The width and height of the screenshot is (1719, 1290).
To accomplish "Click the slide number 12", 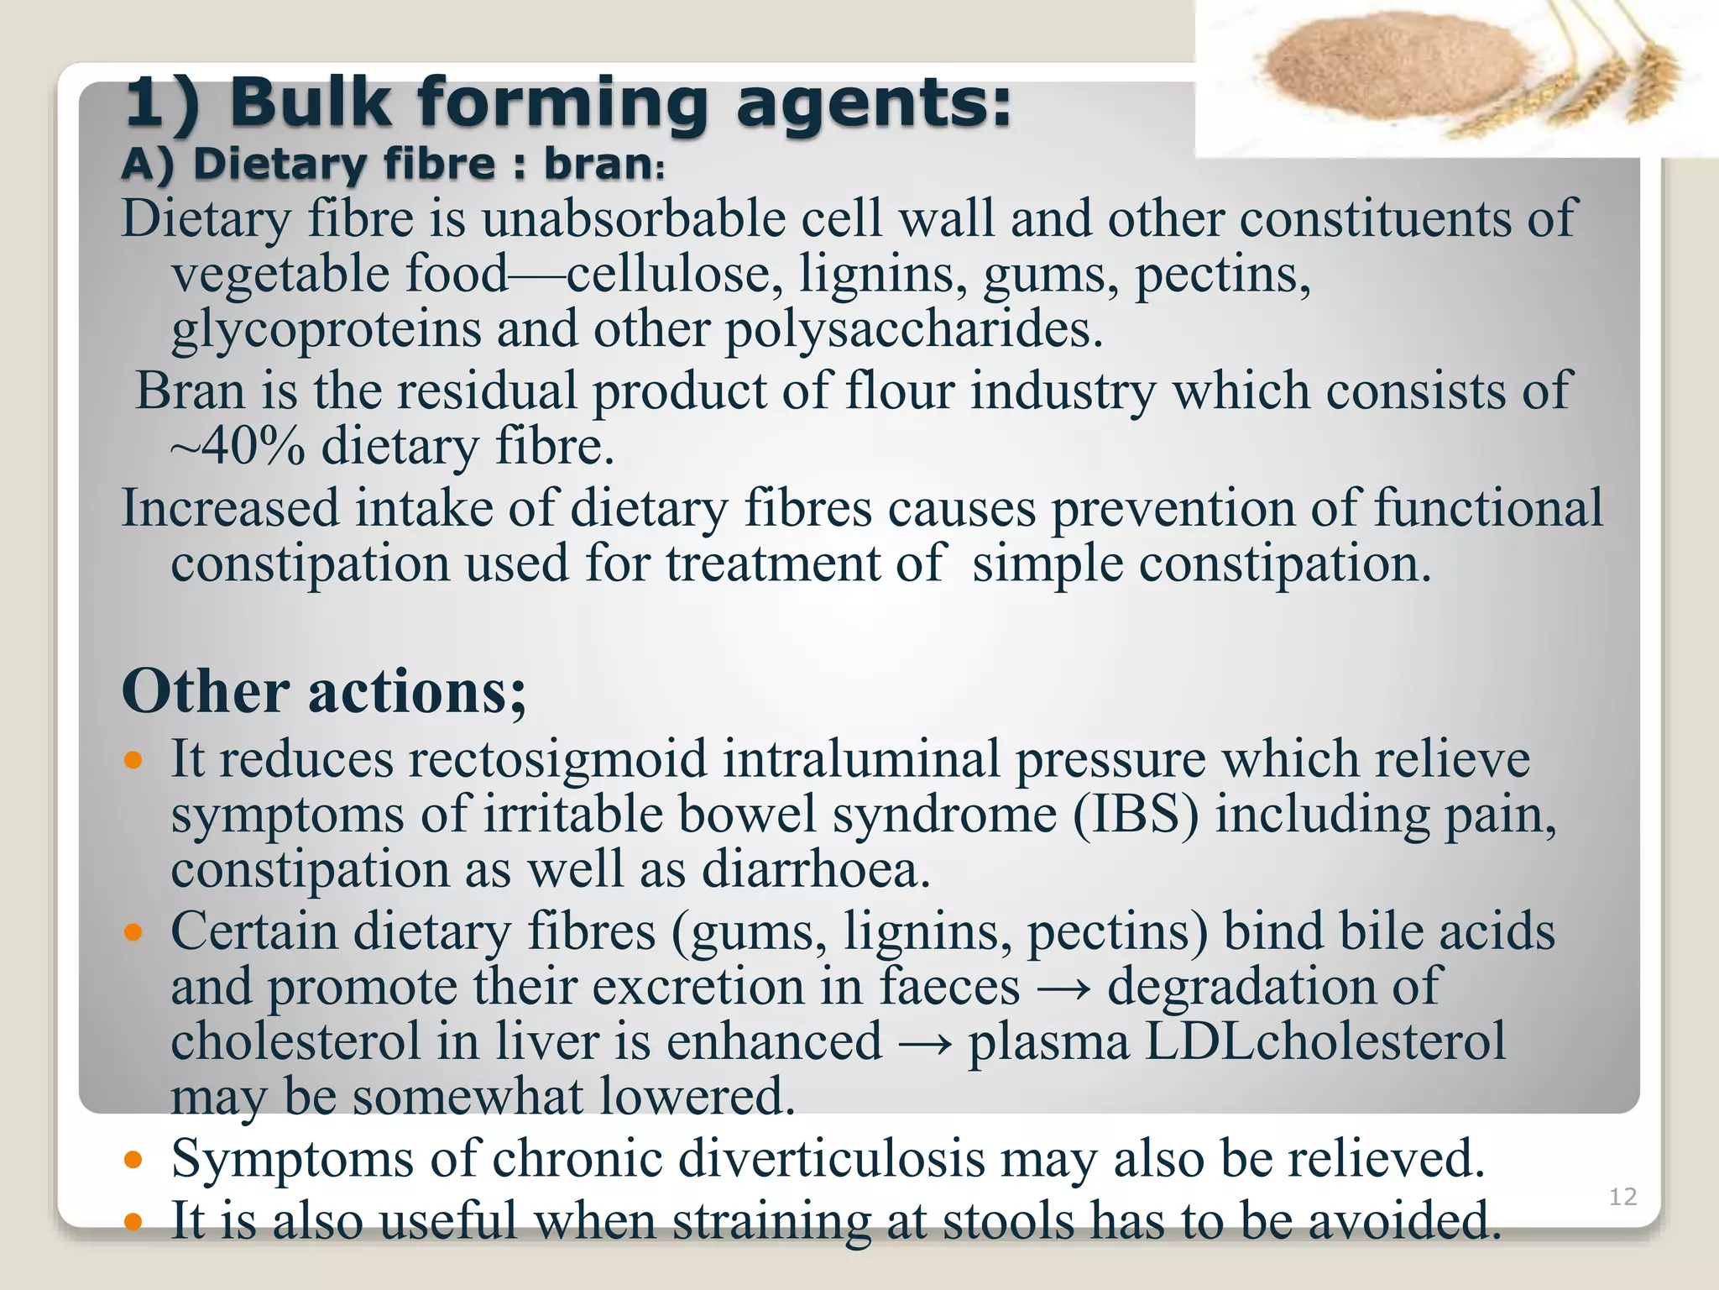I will click(1622, 1196).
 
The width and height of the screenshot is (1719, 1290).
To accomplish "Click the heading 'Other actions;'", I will click(324, 692).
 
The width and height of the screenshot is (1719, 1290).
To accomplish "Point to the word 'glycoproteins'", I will click(327, 329).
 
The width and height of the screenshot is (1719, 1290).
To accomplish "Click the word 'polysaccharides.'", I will click(914, 329).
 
